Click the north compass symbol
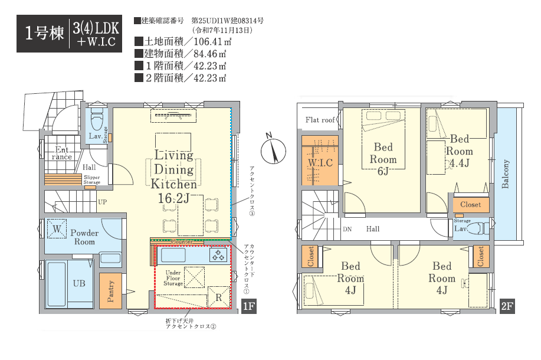pos(273,149)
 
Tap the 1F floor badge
pos(248,306)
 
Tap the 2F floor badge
pos(507,306)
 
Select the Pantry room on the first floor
pos(110,291)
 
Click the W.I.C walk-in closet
pos(320,160)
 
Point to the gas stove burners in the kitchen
pos(218,255)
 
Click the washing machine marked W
pos(57,229)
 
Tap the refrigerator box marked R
pos(219,297)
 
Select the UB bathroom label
pos(79,283)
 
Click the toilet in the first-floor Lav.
pos(97,119)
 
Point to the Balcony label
pos(506,174)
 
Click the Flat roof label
pos(320,120)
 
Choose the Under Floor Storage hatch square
pos(194,277)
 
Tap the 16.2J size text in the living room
pos(173,198)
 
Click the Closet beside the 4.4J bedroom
pos(471,205)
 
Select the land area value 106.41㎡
pos(212,42)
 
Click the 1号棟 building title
pos(44,33)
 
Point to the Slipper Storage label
pos(92,179)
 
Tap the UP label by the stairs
pos(103,202)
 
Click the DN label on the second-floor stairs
pos(347,229)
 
